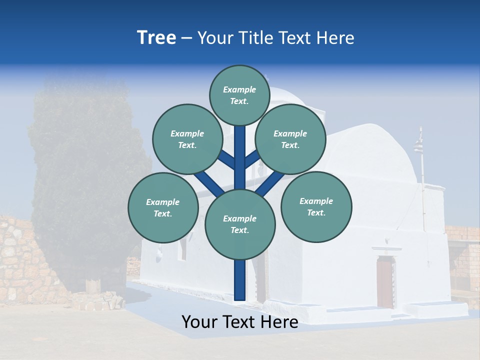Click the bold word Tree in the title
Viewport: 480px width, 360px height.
pos(156,37)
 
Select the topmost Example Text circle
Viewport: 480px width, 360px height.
pos(239,95)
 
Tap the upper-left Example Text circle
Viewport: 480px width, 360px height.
pos(187,139)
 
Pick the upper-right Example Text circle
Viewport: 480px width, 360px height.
pos(290,139)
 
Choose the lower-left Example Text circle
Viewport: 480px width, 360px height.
pos(163,207)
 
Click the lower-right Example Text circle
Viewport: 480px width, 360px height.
pos(316,206)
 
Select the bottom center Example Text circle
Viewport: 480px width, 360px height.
pos(240,224)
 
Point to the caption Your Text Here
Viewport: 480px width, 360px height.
pos(239,322)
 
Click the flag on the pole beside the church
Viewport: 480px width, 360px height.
pos(417,146)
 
